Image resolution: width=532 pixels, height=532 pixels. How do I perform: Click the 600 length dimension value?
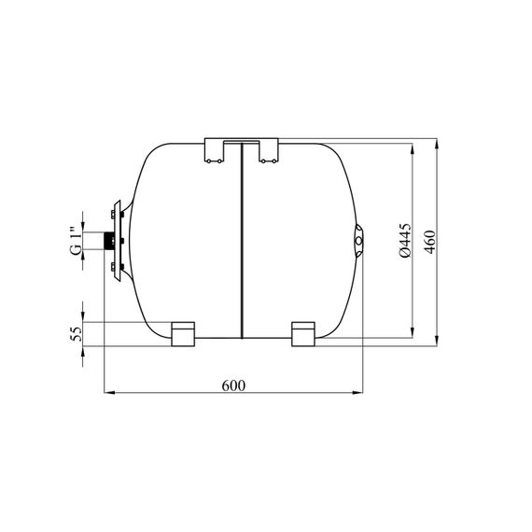[233, 385]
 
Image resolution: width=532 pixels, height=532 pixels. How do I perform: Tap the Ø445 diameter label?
[405, 240]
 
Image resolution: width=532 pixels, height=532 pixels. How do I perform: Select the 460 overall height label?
[430, 242]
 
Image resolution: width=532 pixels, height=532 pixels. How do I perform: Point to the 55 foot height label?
[77, 334]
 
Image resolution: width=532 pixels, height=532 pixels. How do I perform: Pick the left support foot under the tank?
[183, 334]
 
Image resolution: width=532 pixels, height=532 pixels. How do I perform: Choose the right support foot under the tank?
[303, 334]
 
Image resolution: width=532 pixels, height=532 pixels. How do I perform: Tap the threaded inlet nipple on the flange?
[109, 241]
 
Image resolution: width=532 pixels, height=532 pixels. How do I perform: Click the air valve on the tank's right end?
[358, 241]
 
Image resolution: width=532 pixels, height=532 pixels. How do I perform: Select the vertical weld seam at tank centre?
[242, 241]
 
